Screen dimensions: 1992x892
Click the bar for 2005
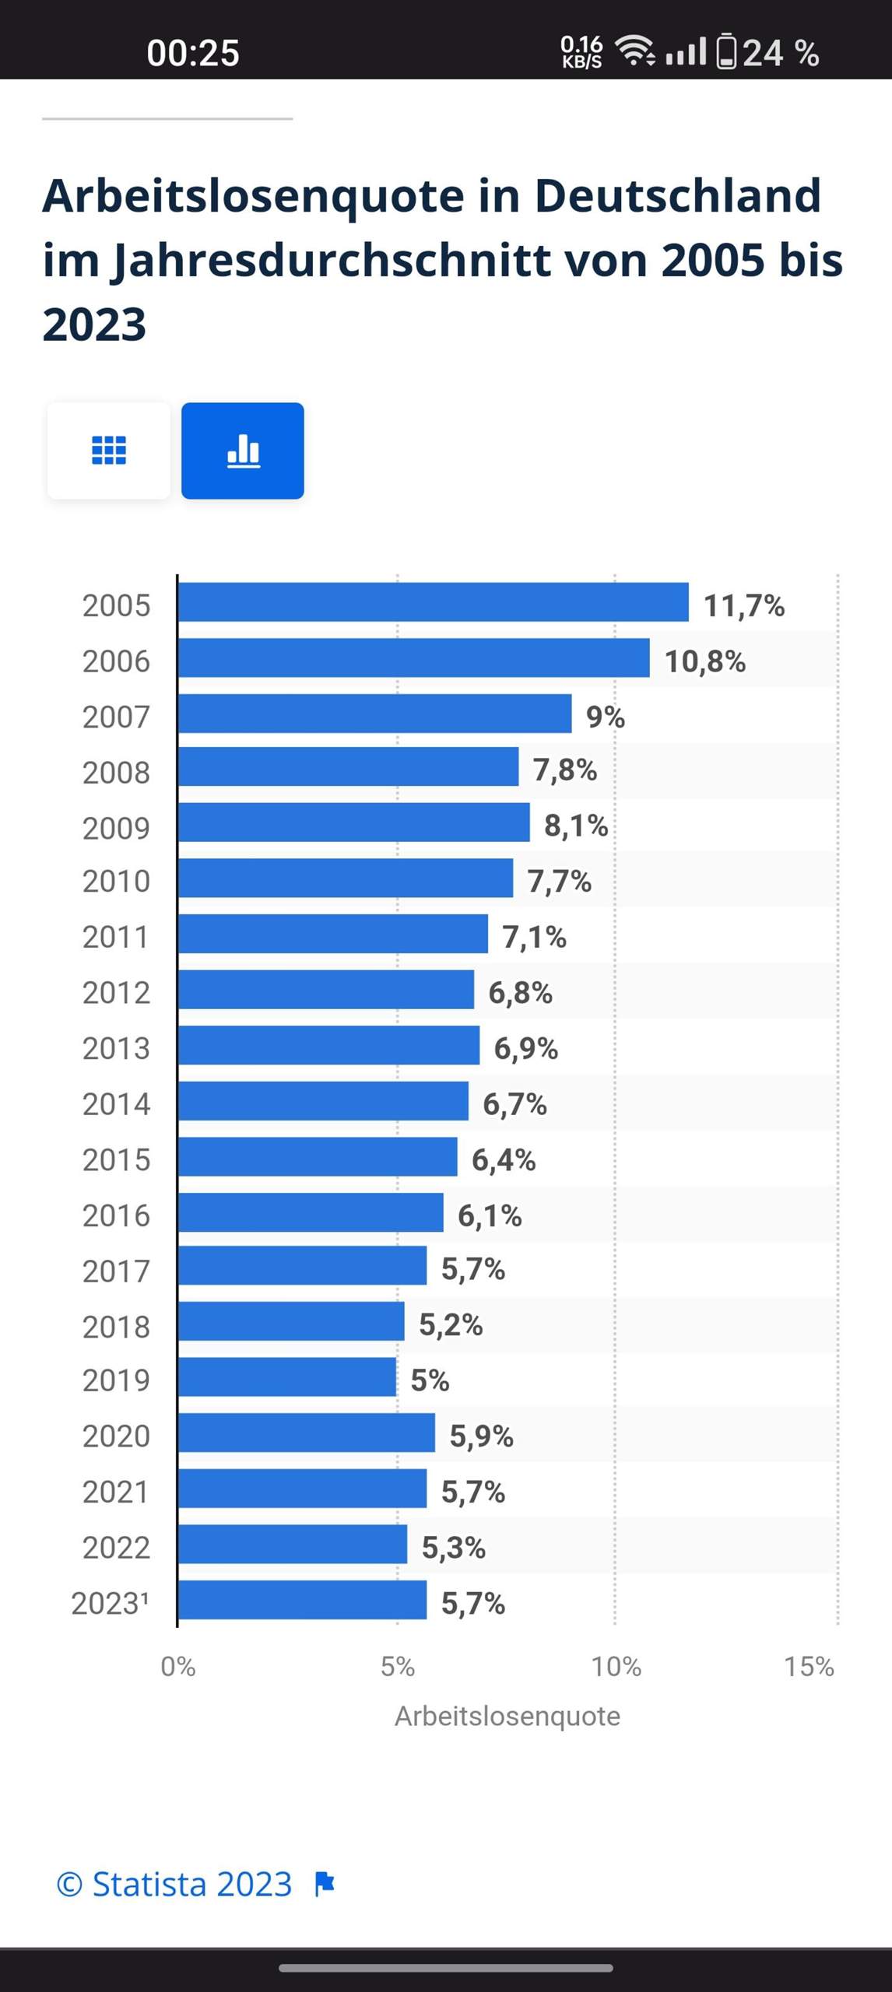(433, 602)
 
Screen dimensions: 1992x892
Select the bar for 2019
(287, 1377)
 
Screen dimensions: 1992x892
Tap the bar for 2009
(353, 822)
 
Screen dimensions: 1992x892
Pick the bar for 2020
(306, 1433)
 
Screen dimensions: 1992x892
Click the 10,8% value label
(704, 661)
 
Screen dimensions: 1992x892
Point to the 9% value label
(605, 717)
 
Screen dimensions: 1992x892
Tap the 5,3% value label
(453, 1547)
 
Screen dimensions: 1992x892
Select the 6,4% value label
(503, 1159)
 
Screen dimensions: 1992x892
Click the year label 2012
(116, 992)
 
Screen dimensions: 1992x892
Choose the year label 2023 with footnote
(110, 1603)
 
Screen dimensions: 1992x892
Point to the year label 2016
(116, 1215)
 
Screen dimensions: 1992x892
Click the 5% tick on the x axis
(397, 1666)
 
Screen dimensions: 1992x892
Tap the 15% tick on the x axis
(809, 1666)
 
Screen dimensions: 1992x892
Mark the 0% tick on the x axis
(177, 1666)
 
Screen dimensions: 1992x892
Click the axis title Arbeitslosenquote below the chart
(507, 1716)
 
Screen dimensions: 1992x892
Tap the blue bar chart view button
(243, 451)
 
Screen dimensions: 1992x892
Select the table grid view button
(109, 451)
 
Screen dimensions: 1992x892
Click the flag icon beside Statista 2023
(325, 1884)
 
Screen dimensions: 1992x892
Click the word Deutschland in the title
(677, 195)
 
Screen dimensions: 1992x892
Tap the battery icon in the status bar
(725, 52)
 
